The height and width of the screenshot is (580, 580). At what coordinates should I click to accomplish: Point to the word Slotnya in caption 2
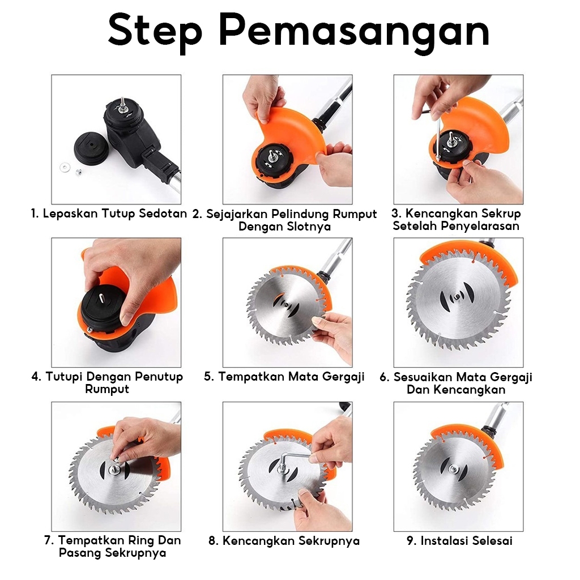[307, 227]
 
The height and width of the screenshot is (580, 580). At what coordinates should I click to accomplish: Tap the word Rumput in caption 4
[107, 389]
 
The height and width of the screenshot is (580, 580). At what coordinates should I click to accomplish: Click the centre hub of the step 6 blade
[458, 297]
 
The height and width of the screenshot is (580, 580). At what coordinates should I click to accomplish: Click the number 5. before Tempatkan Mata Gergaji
[209, 377]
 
